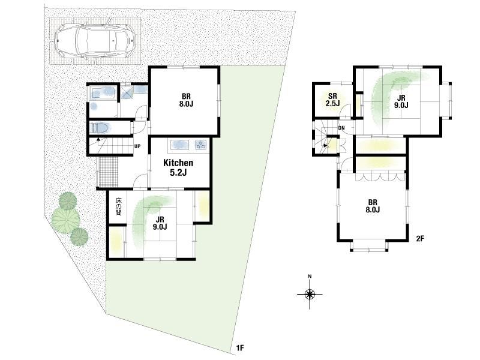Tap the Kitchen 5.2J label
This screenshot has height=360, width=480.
coord(178,167)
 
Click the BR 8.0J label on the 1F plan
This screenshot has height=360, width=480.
coord(186,100)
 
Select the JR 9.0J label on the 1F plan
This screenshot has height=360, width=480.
coord(160,223)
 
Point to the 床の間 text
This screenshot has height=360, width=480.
coord(118,206)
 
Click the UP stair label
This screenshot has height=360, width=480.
coord(137,146)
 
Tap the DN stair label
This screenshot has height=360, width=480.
coord(341,128)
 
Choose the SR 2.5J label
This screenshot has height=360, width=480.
coord(332,100)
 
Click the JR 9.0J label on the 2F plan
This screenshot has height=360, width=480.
coord(401,101)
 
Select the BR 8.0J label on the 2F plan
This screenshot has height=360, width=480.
coord(372,206)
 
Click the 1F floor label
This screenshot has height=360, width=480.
coord(239,348)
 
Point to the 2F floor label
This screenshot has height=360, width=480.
coord(420,238)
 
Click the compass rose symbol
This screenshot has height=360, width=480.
coord(310,295)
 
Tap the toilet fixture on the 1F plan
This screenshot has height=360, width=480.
coord(99,128)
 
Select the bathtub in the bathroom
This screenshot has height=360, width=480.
coord(103,92)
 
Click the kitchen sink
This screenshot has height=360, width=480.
coord(181,145)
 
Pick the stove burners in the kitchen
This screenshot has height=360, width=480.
coord(201,145)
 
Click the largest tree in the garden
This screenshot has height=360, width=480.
coord(65,218)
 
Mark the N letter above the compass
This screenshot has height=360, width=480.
coord(310,277)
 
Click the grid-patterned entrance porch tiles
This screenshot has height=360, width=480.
coord(109,172)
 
